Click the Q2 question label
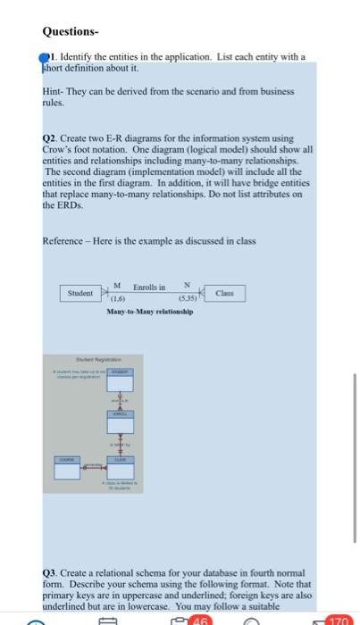[x=51, y=140]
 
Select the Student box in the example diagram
[x=83, y=293]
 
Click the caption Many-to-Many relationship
[x=149, y=312]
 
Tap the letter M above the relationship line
[x=117, y=285]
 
